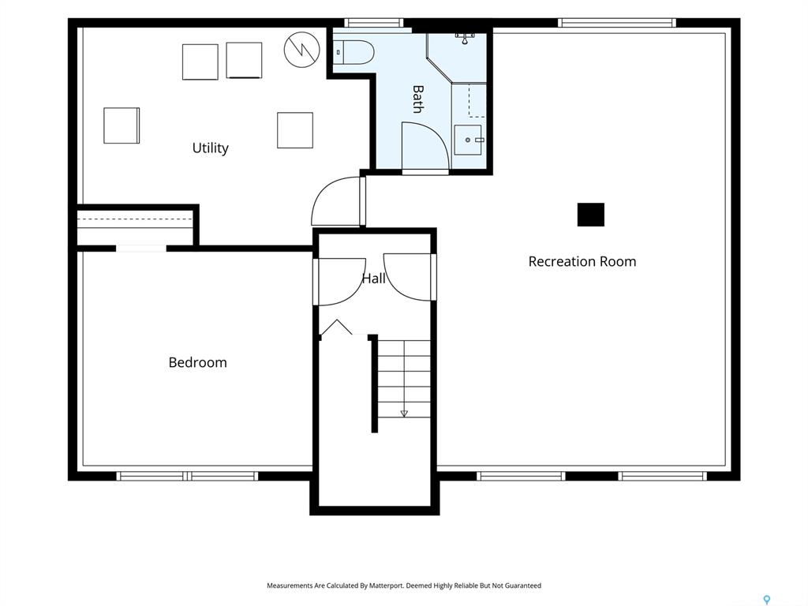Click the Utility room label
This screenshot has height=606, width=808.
coord(210,148)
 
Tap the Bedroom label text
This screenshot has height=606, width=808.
coord(198,362)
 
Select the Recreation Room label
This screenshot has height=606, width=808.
coord(582,261)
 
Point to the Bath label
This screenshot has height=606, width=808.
coord(418,99)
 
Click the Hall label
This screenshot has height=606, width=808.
coord(373,279)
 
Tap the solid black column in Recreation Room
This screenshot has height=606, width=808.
coord(590,215)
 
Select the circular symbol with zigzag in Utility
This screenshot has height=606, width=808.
coord(302,50)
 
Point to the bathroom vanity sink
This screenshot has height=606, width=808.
coord(468,140)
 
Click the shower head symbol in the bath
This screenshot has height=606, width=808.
coord(465,38)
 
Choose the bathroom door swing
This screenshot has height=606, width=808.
coord(425,146)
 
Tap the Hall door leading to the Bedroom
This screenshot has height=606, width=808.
coord(340,282)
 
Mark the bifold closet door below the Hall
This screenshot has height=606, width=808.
coord(336,327)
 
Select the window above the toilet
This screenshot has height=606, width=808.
coord(373,23)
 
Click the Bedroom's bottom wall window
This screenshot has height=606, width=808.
coord(186,476)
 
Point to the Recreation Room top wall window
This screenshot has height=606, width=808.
coord(617,23)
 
